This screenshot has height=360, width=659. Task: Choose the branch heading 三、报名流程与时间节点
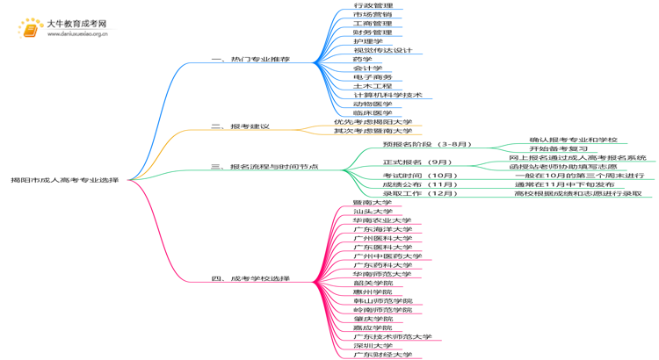coord(264,166)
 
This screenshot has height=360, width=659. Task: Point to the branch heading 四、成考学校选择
coord(250,278)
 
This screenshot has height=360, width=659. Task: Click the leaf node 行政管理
coord(373,5)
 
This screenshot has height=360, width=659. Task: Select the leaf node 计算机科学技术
coord(387,95)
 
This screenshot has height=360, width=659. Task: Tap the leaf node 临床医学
coord(373,113)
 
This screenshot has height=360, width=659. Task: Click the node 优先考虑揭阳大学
coord(373,122)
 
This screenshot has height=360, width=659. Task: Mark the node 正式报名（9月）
coord(417,162)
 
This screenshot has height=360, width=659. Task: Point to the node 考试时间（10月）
coord(420,176)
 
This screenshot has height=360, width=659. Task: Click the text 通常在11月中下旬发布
coord(564,184)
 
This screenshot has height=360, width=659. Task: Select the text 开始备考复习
coord(558,148)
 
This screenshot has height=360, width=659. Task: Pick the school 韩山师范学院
coord(382,301)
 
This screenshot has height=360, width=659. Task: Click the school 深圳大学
coord(373,346)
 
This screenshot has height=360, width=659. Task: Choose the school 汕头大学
coord(373,212)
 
